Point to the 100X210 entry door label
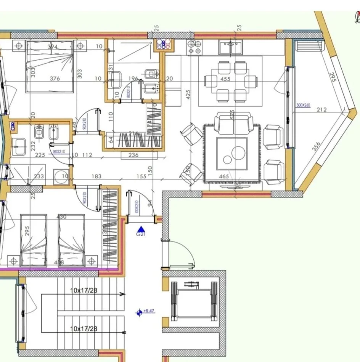[136, 207]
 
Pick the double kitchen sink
[230, 48]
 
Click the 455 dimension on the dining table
[226, 79]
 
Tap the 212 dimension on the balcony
[321, 110]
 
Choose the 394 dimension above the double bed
[52, 47]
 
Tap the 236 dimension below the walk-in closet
[133, 155]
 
